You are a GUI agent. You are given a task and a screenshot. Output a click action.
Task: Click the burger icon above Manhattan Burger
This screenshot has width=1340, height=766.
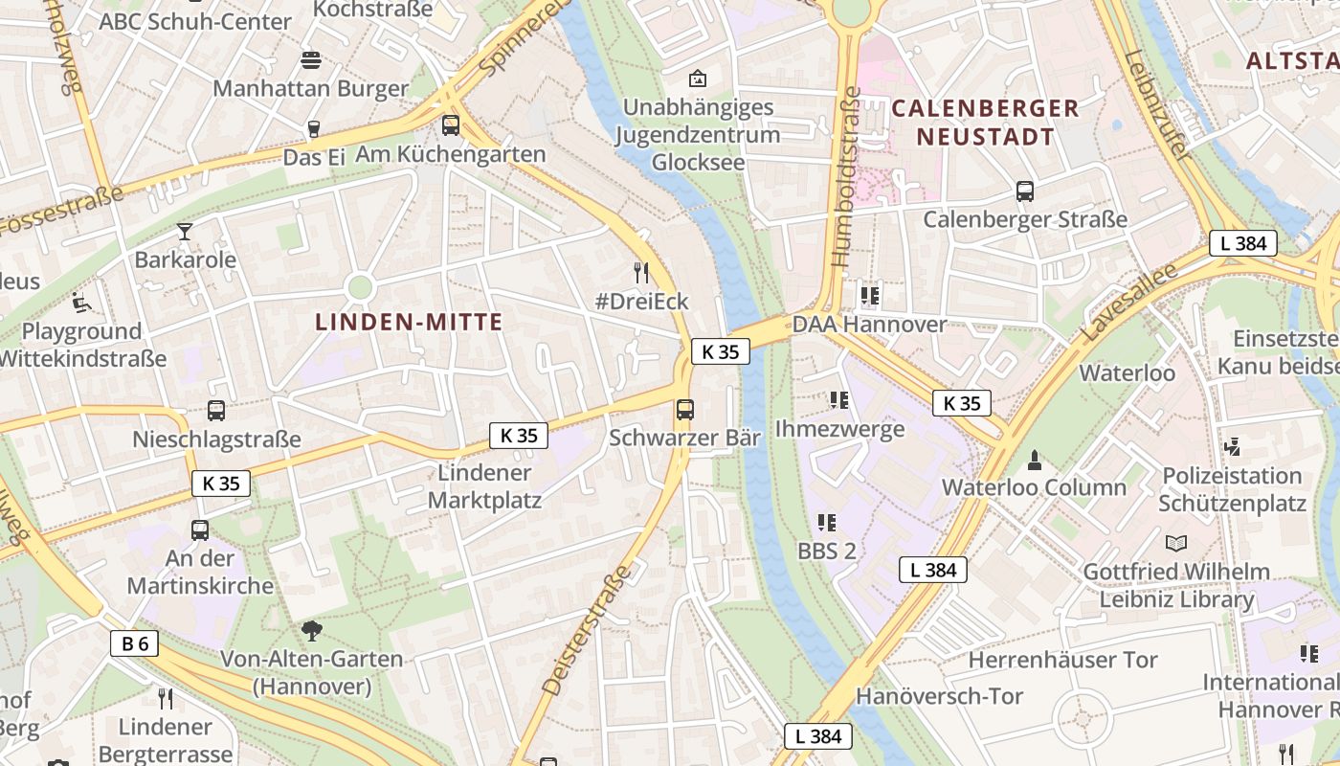[310, 60]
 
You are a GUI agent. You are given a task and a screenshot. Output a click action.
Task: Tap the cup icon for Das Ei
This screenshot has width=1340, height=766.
[313, 128]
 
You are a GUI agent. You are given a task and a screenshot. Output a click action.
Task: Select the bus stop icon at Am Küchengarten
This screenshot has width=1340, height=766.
[450, 125]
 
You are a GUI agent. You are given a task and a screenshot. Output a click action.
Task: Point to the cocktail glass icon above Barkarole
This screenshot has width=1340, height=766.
[184, 231]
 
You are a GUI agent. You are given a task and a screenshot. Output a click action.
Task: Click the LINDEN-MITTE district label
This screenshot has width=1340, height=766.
[409, 323]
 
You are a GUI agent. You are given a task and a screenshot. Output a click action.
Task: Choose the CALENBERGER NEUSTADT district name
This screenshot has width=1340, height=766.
[985, 123]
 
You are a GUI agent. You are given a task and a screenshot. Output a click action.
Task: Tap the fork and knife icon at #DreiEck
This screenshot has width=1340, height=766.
[641, 273]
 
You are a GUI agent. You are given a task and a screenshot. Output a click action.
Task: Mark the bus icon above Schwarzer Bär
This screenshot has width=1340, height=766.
[685, 410]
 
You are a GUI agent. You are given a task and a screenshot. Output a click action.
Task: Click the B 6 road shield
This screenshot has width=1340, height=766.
[135, 643]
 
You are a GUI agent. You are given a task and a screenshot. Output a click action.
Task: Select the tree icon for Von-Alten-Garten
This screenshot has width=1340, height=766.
[311, 630]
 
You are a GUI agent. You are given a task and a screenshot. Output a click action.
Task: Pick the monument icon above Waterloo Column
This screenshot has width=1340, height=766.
[1034, 460]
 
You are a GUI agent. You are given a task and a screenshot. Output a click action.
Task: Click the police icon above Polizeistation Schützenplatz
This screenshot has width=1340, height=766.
[1232, 446]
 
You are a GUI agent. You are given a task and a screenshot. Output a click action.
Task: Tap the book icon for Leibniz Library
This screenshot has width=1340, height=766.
[1175, 544]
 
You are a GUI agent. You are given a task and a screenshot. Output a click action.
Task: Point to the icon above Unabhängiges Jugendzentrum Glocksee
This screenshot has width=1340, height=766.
[698, 79]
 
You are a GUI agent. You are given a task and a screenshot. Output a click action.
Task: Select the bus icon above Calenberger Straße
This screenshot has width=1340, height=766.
[1025, 191]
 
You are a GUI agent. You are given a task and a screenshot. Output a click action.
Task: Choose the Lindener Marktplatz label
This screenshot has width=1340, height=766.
[484, 486]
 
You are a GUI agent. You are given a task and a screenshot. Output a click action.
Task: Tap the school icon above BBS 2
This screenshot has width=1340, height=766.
[827, 523]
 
